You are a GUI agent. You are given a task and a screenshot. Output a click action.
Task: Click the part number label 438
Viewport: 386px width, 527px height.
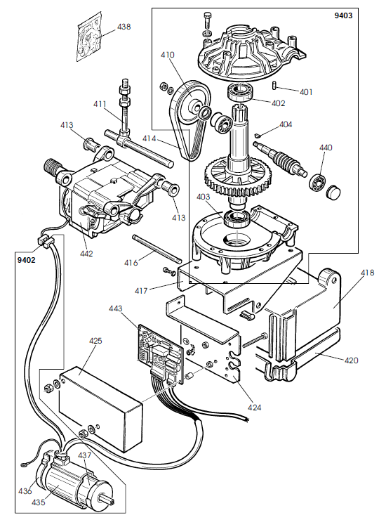click(x=124, y=27)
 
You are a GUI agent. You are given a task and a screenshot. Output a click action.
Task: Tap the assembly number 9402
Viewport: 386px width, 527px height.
click(x=25, y=260)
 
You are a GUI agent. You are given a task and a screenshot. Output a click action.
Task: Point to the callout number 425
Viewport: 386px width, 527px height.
click(x=96, y=341)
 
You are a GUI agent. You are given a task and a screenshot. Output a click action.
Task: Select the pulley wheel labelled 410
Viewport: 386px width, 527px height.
click(x=189, y=103)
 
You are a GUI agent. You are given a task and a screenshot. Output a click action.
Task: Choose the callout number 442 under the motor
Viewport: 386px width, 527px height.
click(x=86, y=253)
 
